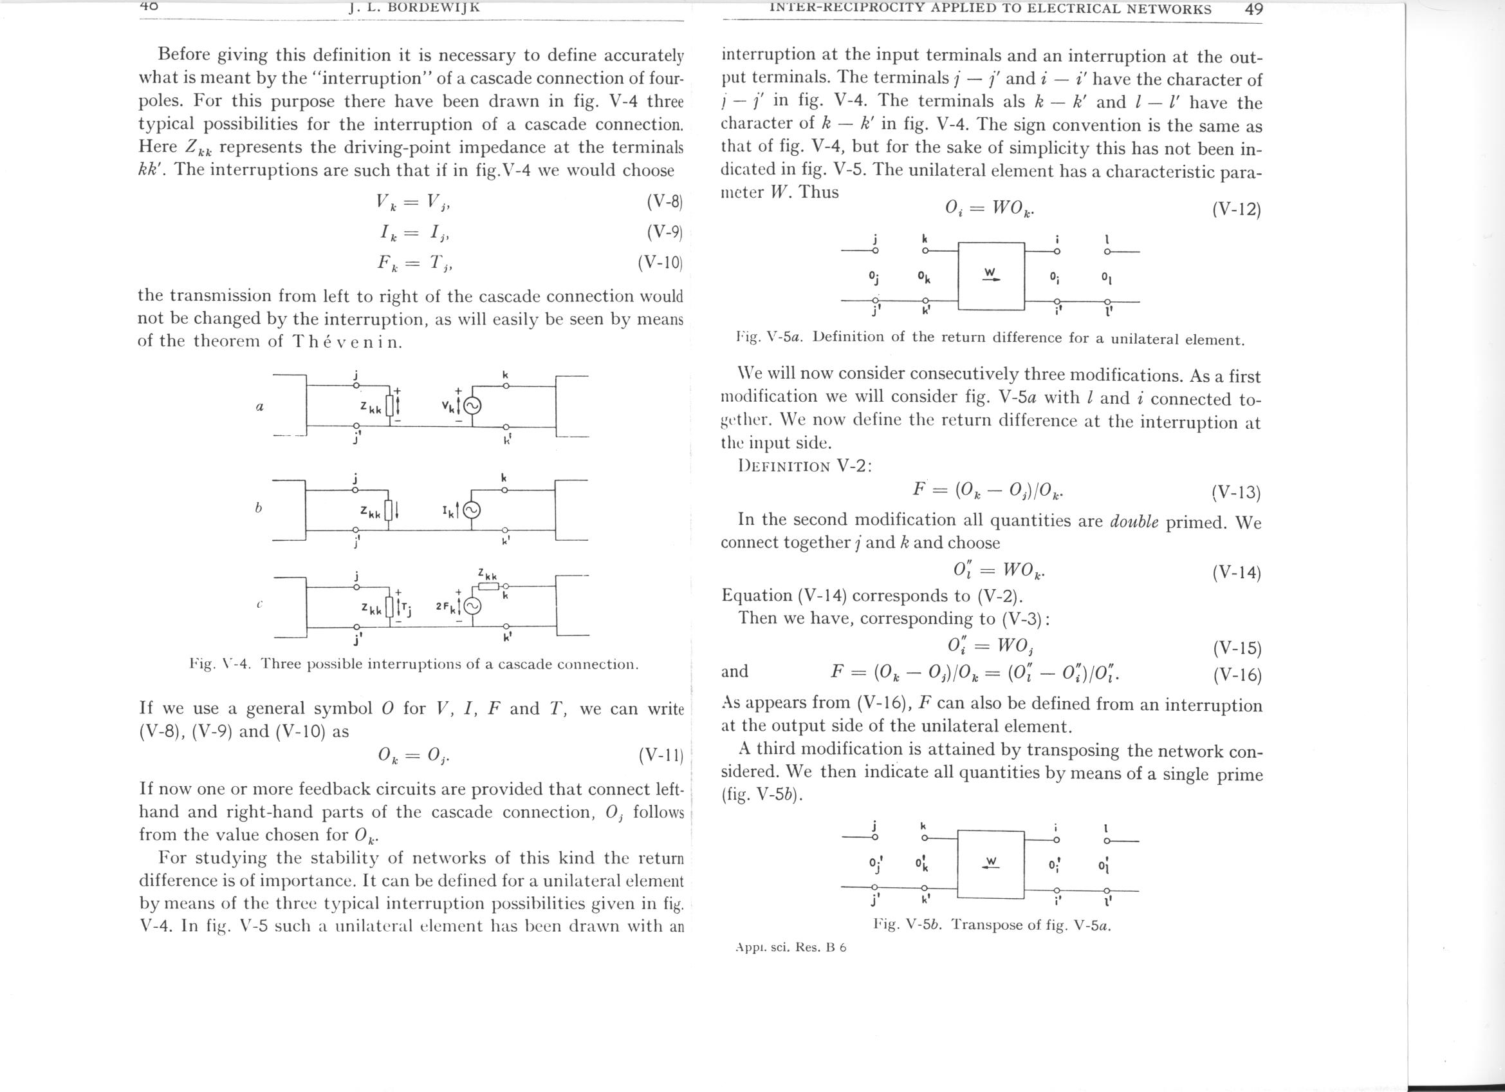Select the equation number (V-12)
pos(1236,210)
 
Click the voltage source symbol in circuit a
pos(472,406)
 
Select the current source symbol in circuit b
pos(472,510)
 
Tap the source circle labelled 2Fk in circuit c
pos(472,607)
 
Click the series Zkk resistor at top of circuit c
pos(488,587)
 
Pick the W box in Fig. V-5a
pos(992,276)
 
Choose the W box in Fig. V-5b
pos(992,863)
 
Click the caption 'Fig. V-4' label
pos(219,664)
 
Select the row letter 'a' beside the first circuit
pos(260,407)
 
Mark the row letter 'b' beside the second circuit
pos(259,508)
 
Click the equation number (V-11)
pos(664,755)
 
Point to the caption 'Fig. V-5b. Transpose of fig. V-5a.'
pos(992,925)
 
